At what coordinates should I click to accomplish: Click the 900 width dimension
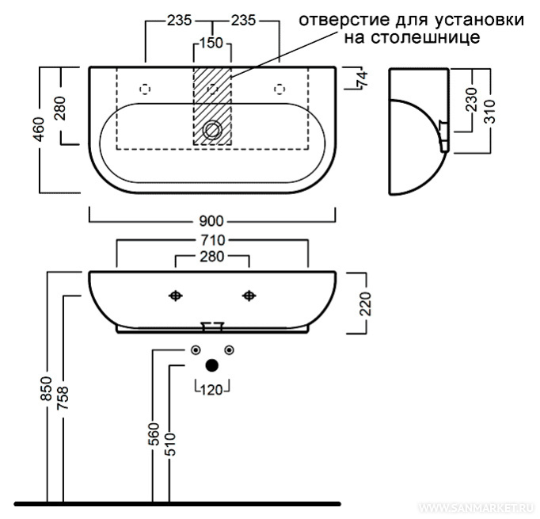[x=212, y=219]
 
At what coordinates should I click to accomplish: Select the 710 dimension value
[x=212, y=239]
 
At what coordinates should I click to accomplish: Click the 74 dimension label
[x=363, y=78]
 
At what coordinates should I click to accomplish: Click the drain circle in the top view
[x=212, y=131]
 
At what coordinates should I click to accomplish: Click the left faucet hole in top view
[x=146, y=87]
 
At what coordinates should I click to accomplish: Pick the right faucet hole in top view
[x=279, y=87]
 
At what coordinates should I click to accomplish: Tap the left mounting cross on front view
[x=176, y=296]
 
